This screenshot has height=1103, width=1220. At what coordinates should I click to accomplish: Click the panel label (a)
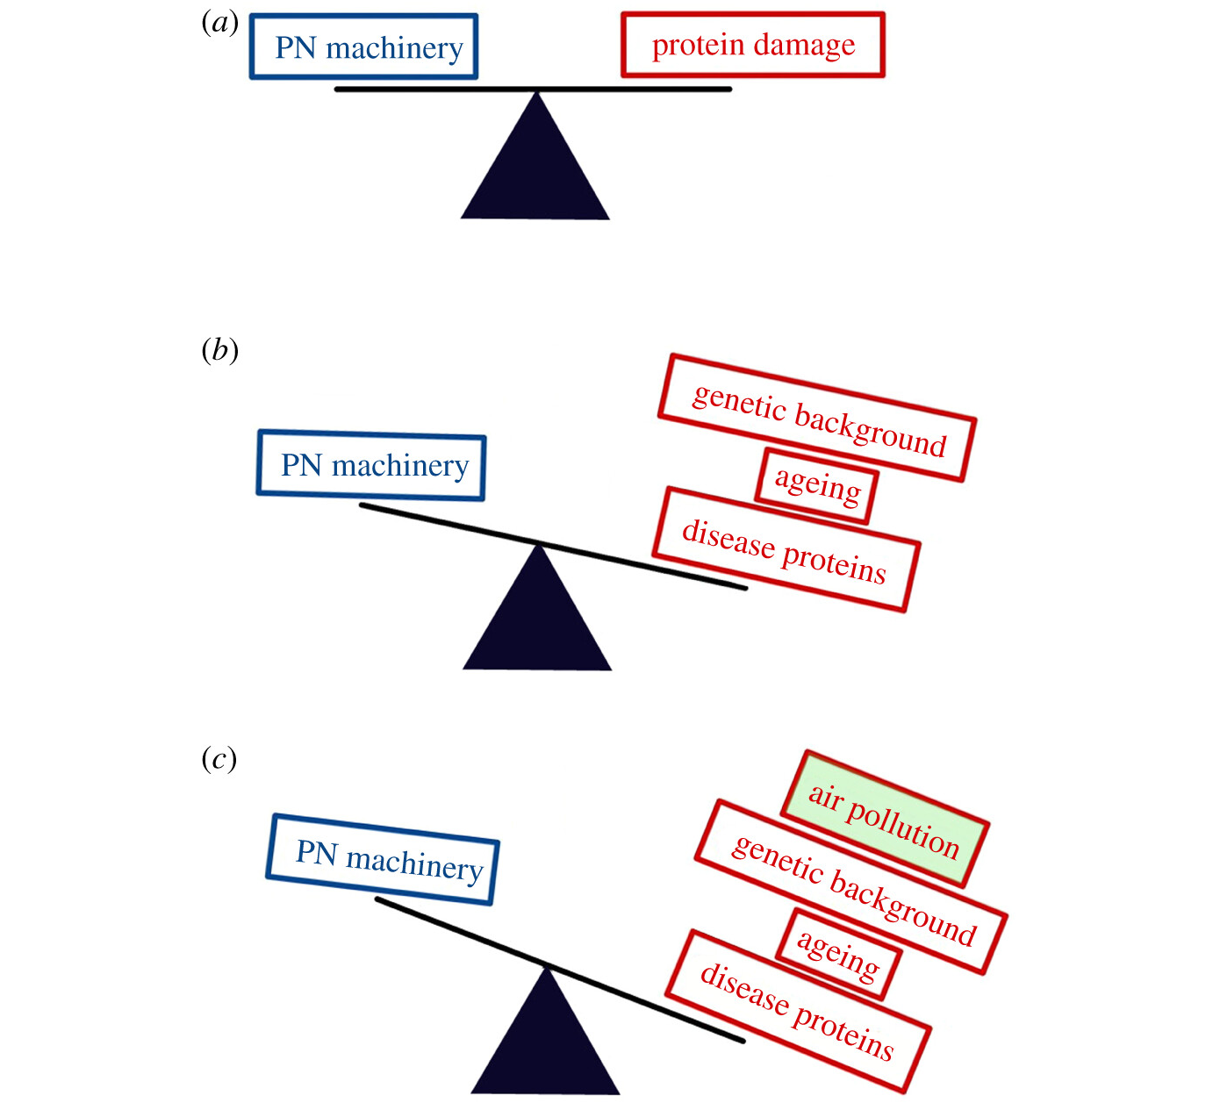(x=219, y=24)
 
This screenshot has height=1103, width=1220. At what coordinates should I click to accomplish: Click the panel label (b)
(x=219, y=351)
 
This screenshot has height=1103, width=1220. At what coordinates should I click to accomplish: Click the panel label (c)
(x=219, y=758)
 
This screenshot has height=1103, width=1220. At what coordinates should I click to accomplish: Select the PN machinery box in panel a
(x=363, y=47)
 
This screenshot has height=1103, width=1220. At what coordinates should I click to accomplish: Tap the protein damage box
(x=752, y=45)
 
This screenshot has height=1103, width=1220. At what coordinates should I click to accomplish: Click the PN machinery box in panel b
(x=371, y=465)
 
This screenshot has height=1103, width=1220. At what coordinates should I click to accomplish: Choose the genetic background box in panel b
(x=817, y=419)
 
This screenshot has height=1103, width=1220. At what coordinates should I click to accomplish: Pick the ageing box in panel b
(x=816, y=486)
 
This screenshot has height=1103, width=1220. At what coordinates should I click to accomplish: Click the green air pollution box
(x=885, y=820)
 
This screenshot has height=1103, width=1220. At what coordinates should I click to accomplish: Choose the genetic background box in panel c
(x=851, y=886)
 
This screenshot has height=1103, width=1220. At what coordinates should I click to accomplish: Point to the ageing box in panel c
(x=838, y=955)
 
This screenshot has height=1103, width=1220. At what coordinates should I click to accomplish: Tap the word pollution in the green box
(x=904, y=828)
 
